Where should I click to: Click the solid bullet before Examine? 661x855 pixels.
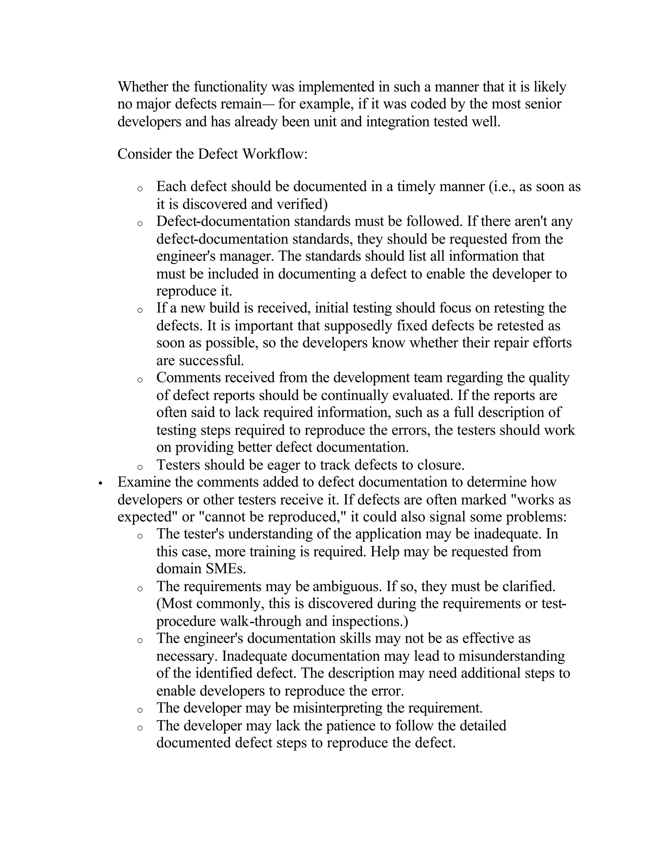pyautogui.click(x=101, y=484)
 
